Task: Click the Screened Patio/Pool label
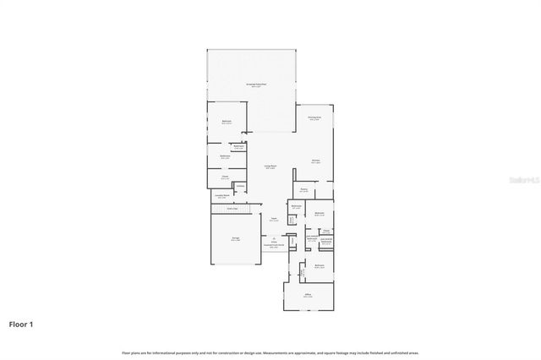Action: tap(256, 85)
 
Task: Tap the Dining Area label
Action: tap(314, 118)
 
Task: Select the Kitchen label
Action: tap(314, 161)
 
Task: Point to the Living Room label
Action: tap(270, 166)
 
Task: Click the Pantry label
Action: tap(303, 190)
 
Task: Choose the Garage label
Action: tap(235, 239)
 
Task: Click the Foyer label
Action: tap(274, 219)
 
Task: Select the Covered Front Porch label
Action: tap(274, 246)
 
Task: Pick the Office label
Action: tap(309, 296)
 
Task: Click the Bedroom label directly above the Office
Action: tap(320, 266)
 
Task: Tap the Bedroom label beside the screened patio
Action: tap(227, 122)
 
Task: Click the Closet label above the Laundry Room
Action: tap(225, 177)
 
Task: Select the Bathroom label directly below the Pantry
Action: tap(296, 206)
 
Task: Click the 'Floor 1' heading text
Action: tap(22, 324)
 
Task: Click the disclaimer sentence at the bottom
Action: tap(270, 352)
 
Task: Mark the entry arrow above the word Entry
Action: tap(273, 237)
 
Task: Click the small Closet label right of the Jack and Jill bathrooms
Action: tap(325, 230)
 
